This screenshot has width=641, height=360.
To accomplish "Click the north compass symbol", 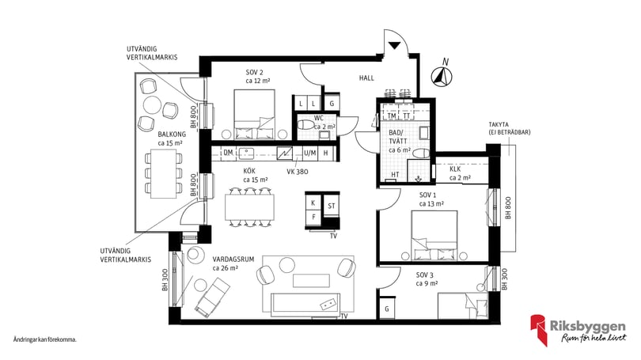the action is click(x=442, y=77).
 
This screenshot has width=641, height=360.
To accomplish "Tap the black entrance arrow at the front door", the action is click(x=394, y=45).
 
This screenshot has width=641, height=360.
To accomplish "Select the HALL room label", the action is click(x=366, y=78).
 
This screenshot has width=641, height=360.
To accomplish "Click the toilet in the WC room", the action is click(x=305, y=125).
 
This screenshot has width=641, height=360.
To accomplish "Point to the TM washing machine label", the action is click(x=392, y=116).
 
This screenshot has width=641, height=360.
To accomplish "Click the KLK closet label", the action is click(x=455, y=169).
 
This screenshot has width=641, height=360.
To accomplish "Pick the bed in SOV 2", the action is click(x=254, y=115).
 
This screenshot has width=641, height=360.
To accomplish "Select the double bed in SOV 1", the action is click(x=434, y=235).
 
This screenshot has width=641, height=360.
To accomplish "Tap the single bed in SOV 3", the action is click(x=463, y=305).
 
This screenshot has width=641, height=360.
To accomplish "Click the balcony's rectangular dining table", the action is click(x=164, y=173).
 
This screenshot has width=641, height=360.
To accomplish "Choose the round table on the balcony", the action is click(x=152, y=104).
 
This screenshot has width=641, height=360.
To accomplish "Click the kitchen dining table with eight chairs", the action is click(x=249, y=207).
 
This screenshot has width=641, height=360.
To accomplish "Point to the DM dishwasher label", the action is click(x=228, y=153).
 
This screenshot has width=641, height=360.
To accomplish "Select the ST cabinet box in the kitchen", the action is click(x=331, y=206).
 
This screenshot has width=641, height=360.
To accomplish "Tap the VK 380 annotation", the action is click(x=298, y=172).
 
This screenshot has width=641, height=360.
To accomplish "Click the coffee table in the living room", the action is click(x=312, y=281).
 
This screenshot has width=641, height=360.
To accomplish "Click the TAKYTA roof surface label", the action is click(x=510, y=128).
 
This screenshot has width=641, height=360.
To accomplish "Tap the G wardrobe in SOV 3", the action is click(x=387, y=309).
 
